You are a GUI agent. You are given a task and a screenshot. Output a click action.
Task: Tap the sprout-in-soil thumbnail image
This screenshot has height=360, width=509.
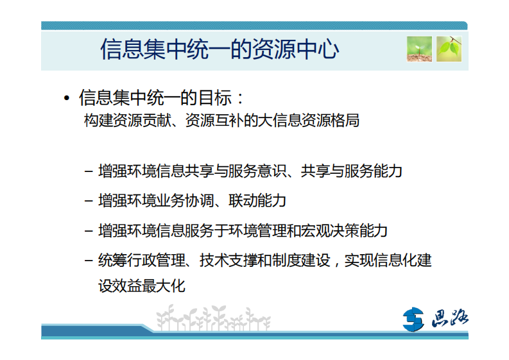point(418,49)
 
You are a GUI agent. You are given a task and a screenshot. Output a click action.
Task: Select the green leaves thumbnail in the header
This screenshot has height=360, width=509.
point(449,49)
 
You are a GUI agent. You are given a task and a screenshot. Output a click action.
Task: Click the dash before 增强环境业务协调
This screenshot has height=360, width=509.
point(89,201)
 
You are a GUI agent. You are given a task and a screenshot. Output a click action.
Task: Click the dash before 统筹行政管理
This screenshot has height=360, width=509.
point(89,261)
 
